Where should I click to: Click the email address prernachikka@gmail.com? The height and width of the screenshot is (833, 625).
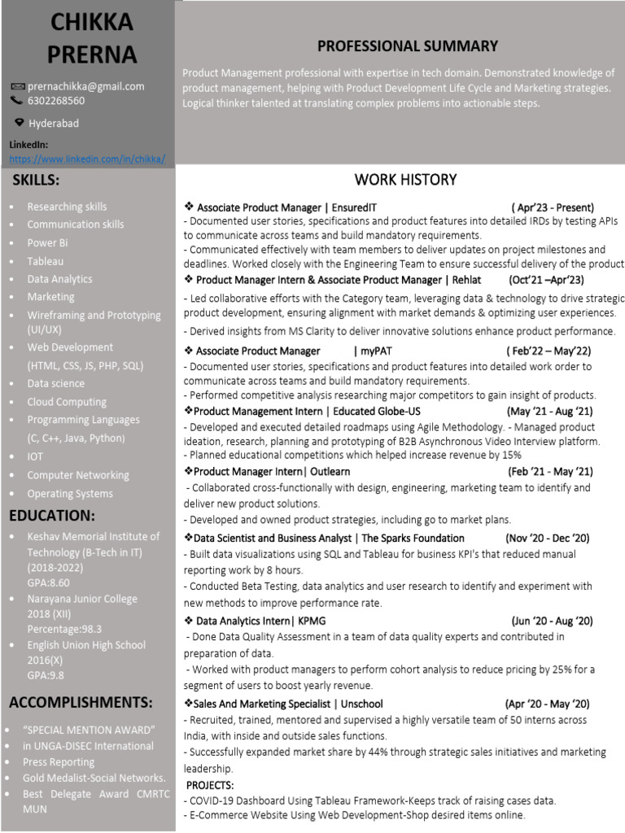click(85, 86)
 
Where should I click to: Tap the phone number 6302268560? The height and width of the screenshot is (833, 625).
click(56, 101)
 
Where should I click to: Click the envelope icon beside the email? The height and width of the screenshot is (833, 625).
click(17, 86)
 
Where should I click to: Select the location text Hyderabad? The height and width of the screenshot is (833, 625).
click(54, 124)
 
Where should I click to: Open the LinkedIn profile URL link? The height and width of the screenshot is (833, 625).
click(87, 159)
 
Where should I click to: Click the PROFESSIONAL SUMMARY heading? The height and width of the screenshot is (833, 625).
click(407, 46)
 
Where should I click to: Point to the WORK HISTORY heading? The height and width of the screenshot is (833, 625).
click(405, 180)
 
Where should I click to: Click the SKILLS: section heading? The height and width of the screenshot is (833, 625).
click(35, 180)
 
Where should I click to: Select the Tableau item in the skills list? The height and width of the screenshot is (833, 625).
click(45, 261)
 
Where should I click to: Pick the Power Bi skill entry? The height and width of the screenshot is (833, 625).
click(47, 242)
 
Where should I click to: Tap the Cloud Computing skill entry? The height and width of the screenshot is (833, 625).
click(67, 402)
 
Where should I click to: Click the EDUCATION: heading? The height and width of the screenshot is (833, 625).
click(52, 516)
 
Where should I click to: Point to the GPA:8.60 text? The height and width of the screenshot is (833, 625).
click(48, 582)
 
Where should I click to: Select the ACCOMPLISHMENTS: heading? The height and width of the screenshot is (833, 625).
click(81, 702)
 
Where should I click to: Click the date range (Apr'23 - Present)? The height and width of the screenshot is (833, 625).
click(553, 207)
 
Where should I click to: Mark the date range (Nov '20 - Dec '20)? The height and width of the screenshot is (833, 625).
click(547, 538)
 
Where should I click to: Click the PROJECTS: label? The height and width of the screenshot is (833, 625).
click(210, 785)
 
